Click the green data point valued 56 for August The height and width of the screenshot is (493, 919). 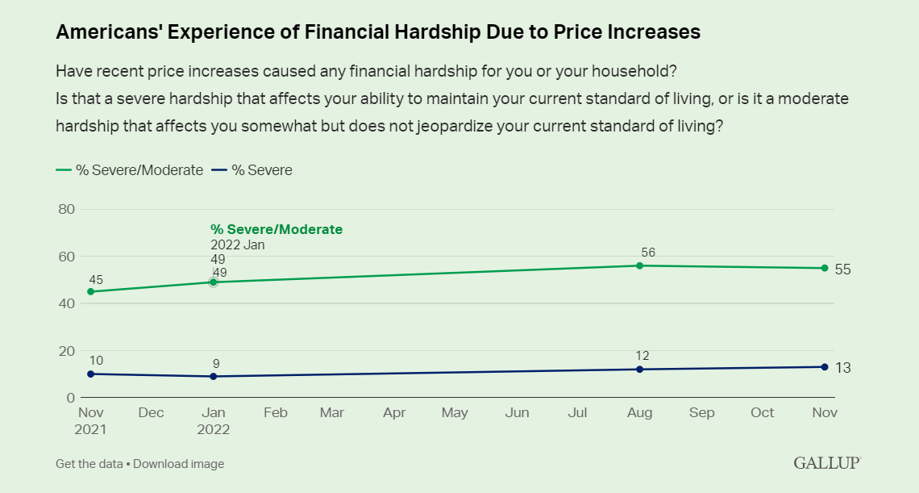pyautogui.click(x=640, y=265)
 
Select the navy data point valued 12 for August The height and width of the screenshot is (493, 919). pyautogui.click(x=640, y=370)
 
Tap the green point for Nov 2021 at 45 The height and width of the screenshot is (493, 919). pyautogui.click(x=90, y=291)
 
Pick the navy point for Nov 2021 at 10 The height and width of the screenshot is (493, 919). pyautogui.click(x=90, y=374)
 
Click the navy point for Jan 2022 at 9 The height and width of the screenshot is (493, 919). pyautogui.click(x=214, y=376)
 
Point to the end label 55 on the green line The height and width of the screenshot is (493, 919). pyautogui.click(x=842, y=269)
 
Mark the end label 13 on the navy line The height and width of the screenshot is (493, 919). pyautogui.click(x=842, y=368)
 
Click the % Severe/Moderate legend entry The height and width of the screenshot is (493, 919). pyautogui.click(x=130, y=170)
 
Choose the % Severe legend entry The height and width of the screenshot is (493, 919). pyautogui.click(x=252, y=170)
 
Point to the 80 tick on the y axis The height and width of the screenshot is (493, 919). pyautogui.click(x=67, y=210)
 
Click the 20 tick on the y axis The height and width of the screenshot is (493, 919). pyautogui.click(x=67, y=351)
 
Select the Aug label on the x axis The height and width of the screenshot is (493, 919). pyautogui.click(x=640, y=413)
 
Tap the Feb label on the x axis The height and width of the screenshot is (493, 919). pyautogui.click(x=276, y=413)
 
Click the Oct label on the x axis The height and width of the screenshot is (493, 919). pyautogui.click(x=763, y=413)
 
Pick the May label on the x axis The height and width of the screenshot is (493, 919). pyautogui.click(x=455, y=413)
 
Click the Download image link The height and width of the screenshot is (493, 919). pyautogui.click(x=179, y=464)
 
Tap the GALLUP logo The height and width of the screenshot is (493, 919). pyautogui.click(x=827, y=463)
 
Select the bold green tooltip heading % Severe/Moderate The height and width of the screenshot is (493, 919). pyautogui.click(x=277, y=230)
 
